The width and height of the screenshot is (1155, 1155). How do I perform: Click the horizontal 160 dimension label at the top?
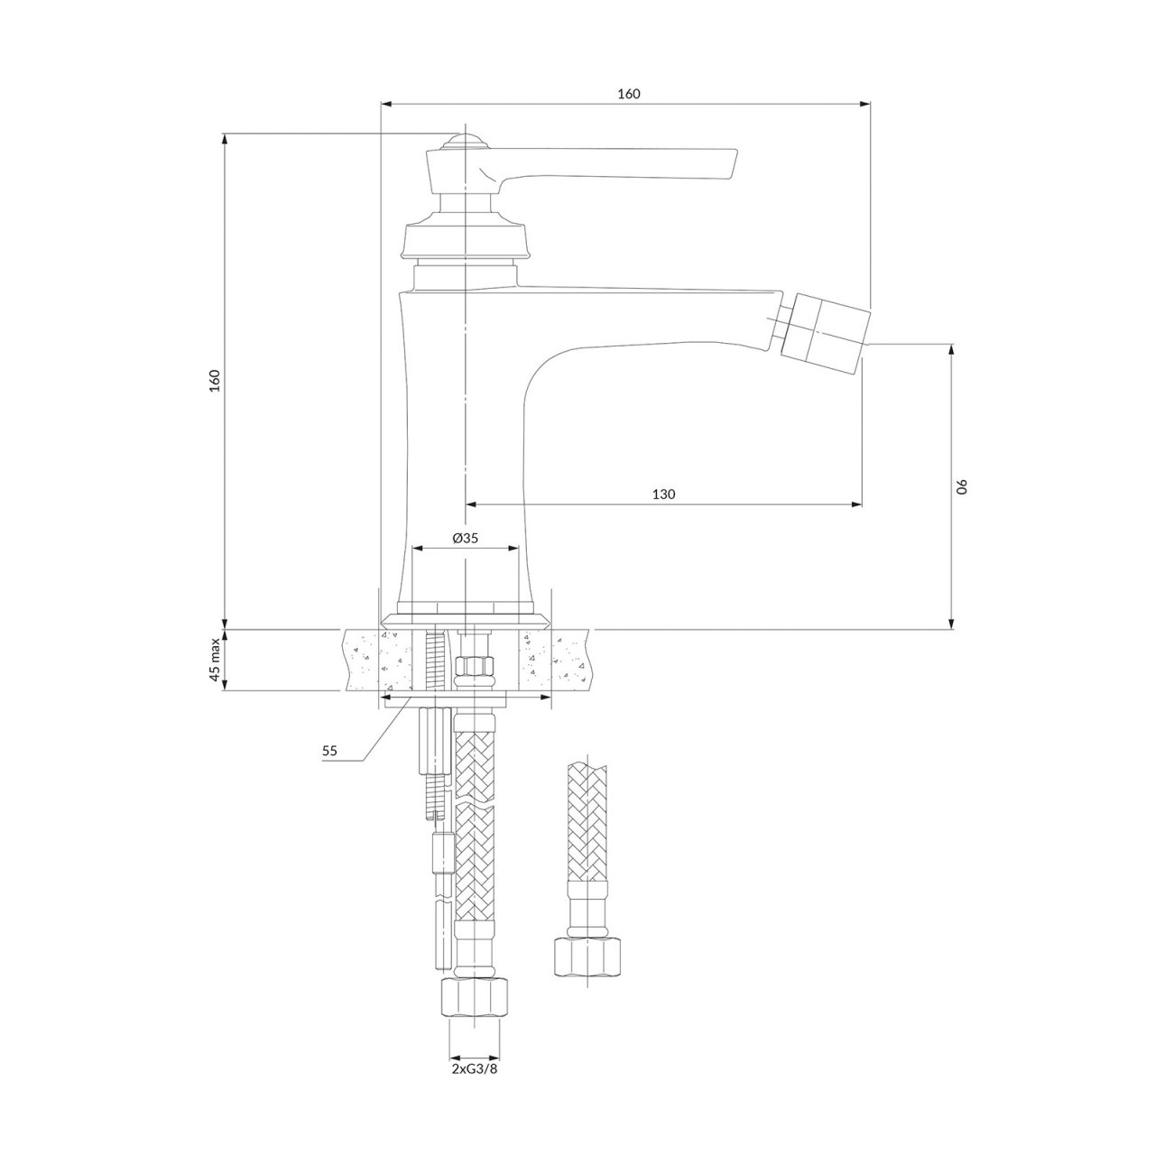point(629,94)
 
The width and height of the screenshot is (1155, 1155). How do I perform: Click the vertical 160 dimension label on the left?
point(215,381)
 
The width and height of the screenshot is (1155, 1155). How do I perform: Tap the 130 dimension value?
point(663,494)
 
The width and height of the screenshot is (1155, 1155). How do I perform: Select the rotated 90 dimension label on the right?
point(961,486)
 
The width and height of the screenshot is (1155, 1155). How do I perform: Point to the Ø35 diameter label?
point(465,538)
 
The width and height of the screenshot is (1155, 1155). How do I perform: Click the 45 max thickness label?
point(215,660)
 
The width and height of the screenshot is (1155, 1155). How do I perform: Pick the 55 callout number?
point(329,751)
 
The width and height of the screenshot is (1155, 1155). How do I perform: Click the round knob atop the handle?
point(463,143)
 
